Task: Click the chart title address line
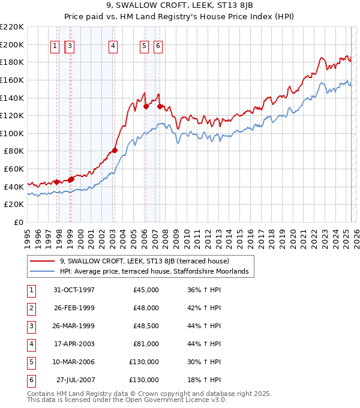(x=179, y=7)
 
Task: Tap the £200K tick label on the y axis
(x=12, y=44)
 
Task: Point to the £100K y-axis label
(x=12, y=133)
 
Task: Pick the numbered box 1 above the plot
(x=55, y=46)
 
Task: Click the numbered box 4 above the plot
(x=113, y=46)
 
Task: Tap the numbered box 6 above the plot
(x=158, y=46)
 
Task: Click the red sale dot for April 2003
(x=115, y=151)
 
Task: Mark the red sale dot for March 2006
(x=146, y=107)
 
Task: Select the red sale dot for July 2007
(x=160, y=107)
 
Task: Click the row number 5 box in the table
(x=30, y=362)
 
